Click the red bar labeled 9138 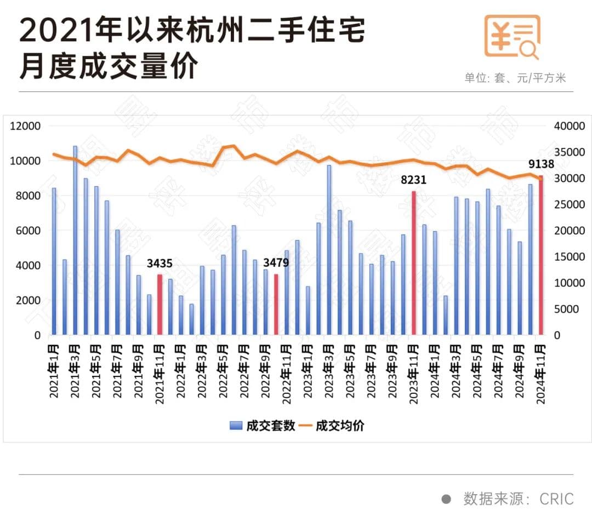point(540,255)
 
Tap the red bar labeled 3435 point(160,305)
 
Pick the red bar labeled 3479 point(276,305)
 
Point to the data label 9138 point(541,164)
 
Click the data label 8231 point(413,180)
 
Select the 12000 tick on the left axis point(26,126)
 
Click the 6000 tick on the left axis point(29,231)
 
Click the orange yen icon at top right point(512,36)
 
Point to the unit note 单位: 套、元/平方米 point(515,78)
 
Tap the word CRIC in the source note point(556,499)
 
